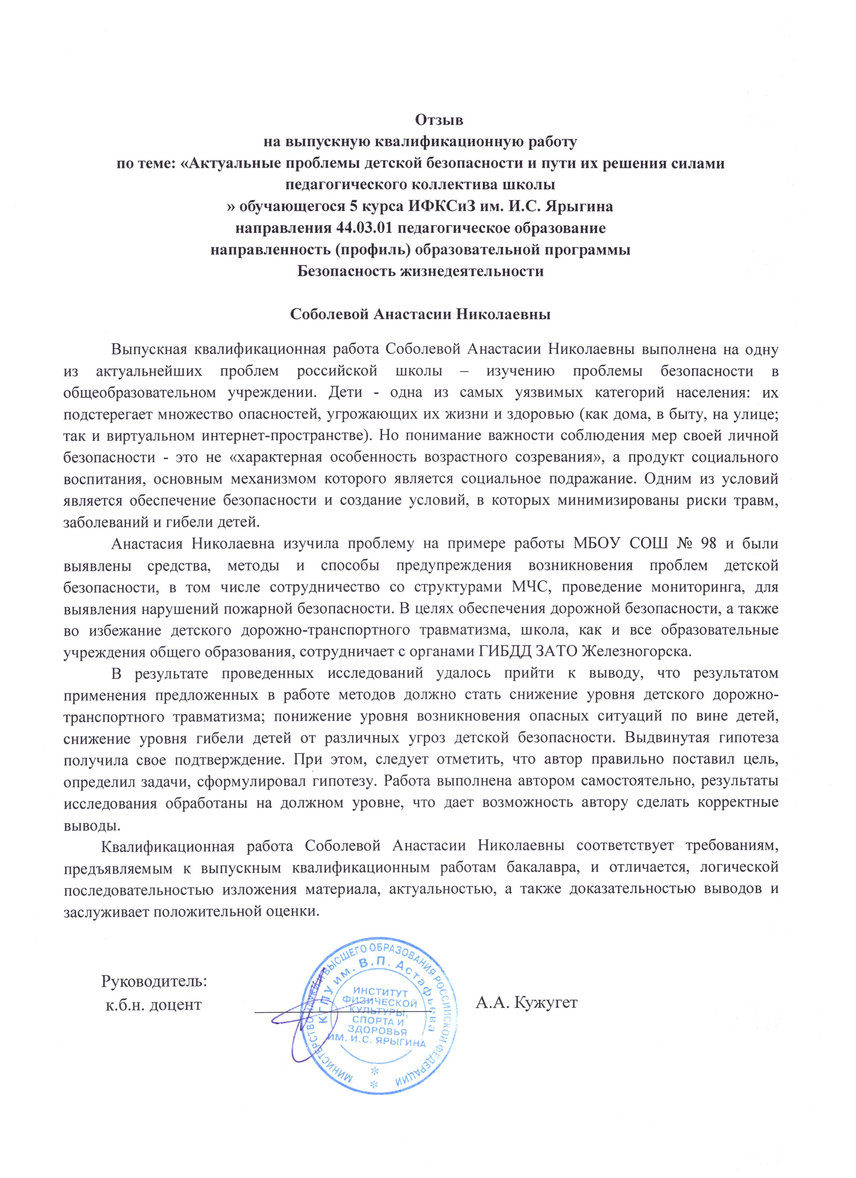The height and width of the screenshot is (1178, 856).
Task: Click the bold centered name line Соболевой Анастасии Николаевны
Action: coord(420,314)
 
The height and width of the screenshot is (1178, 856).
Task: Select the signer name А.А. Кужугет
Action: coord(526,1002)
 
